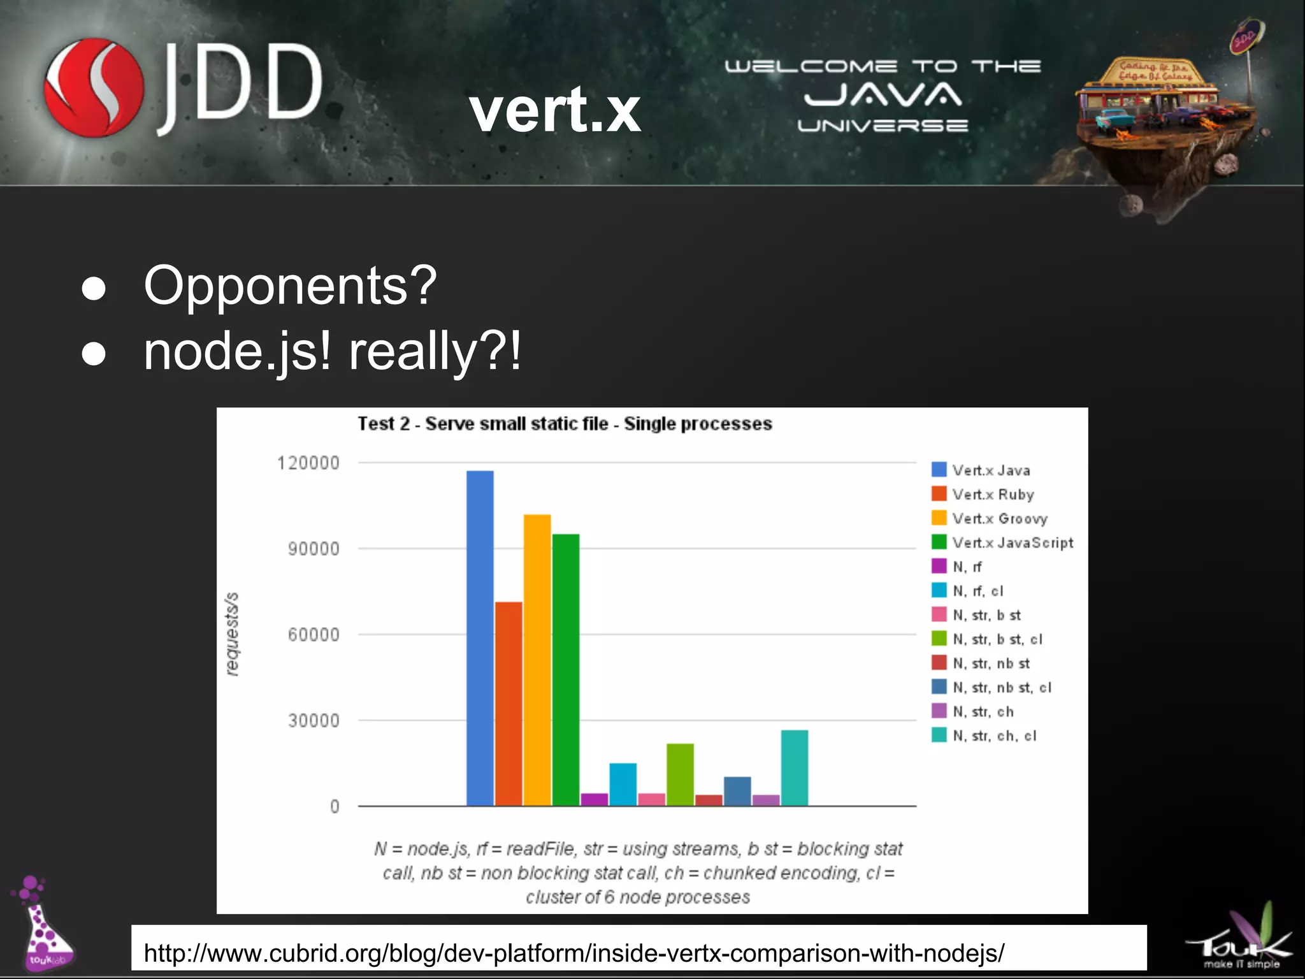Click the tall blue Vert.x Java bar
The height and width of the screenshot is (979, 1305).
point(480,637)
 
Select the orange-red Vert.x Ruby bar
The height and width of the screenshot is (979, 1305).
point(508,704)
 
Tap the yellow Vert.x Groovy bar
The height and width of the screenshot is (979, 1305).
point(537,660)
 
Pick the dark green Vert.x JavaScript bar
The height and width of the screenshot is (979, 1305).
point(566,669)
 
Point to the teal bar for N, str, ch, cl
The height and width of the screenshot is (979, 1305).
point(795,767)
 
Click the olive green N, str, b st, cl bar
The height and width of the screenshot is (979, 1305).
point(680,774)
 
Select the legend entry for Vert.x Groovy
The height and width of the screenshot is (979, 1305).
point(999,518)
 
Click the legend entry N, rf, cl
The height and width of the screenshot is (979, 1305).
point(977,591)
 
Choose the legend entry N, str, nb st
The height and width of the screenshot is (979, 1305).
point(991,664)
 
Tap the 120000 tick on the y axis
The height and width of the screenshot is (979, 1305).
point(308,463)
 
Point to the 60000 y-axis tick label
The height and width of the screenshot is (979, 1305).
point(314,635)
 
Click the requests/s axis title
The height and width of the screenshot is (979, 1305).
point(233,634)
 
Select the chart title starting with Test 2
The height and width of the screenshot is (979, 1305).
point(565,424)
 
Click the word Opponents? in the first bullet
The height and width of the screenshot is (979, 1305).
point(290,286)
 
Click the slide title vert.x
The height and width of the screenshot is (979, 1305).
point(555,110)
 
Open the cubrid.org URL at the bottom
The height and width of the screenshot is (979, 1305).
point(573,953)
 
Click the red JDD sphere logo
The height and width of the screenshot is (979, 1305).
point(94,87)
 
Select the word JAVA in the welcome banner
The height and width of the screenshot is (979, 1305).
point(883,95)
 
